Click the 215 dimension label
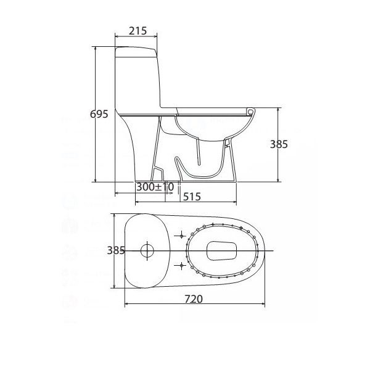[x=138, y=31]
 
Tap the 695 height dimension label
[x=99, y=114]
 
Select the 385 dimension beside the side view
[x=279, y=144]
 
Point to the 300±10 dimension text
[x=155, y=187]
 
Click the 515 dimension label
[x=192, y=197]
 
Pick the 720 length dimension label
[x=194, y=299]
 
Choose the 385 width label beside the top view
[x=116, y=250]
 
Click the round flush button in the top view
[x=147, y=250]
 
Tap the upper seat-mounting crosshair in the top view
[x=181, y=236]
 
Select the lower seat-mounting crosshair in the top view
[x=181, y=266]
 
